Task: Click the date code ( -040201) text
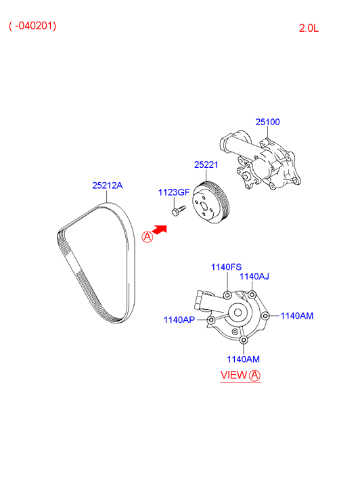pos(32,26)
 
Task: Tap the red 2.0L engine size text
pos(313,28)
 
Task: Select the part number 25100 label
pos(267,122)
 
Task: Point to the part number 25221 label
pos(206,164)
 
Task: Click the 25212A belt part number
pos(108,185)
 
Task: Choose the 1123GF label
pos(173,192)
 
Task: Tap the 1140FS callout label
pos(225,267)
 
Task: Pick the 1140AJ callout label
pos(254,276)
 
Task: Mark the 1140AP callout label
pos(179,319)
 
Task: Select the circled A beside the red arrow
pos(147,237)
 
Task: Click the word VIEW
pos(233,375)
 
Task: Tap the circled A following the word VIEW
pos(254,375)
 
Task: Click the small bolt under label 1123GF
pos(177,212)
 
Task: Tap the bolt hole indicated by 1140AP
pos(212,319)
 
